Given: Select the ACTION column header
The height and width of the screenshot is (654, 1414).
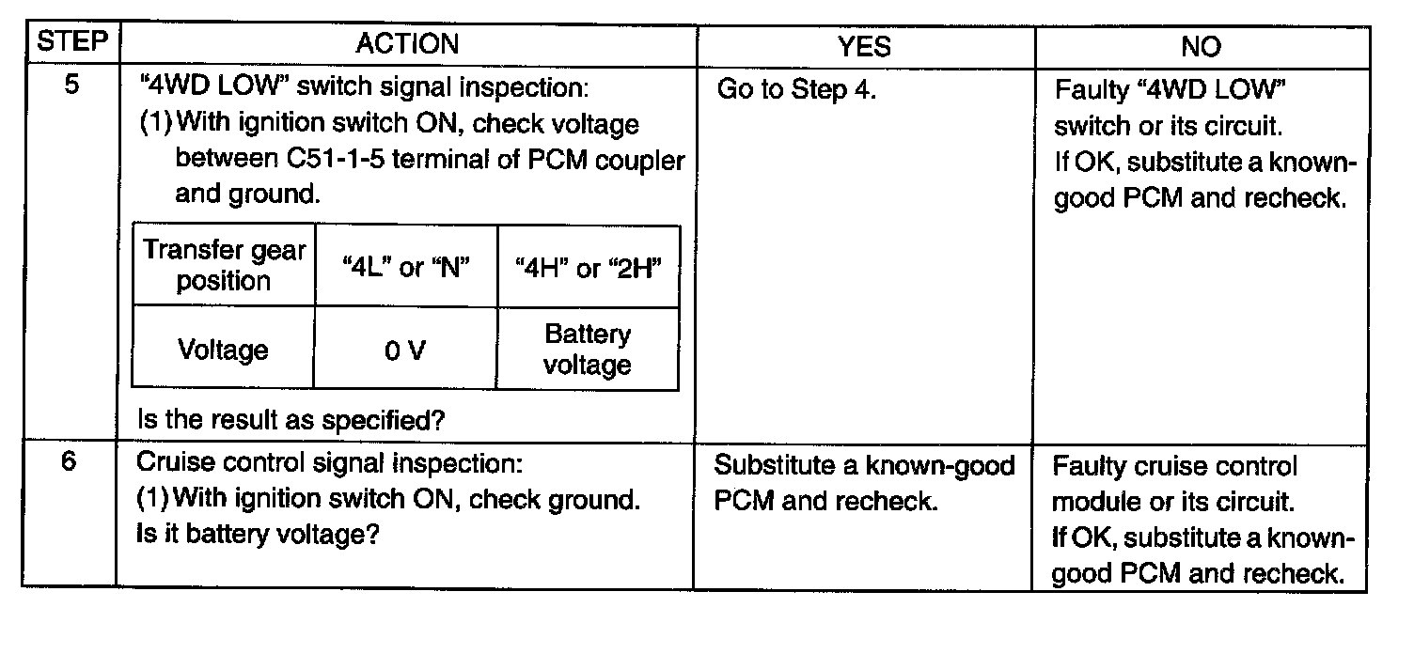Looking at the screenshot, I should [407, 44].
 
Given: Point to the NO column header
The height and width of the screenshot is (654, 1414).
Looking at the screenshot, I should [1201, 46].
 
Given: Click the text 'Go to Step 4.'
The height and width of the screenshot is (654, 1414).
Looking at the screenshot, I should [796, 90].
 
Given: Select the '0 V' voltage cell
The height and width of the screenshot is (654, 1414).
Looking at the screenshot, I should [405, 350].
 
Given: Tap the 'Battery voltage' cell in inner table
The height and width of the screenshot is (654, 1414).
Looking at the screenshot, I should [588, 350].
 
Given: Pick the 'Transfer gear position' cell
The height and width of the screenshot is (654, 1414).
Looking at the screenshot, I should [224, 266].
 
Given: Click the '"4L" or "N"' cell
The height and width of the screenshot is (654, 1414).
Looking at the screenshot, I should [405, 268].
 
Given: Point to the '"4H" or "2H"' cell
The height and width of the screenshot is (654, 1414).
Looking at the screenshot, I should [588, 268].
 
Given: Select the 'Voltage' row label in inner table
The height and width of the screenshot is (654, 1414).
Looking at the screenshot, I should [224, 350].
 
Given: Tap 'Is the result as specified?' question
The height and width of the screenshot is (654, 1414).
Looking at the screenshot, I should [291, 420].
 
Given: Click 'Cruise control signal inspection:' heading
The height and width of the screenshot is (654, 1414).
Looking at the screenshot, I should [328, 464].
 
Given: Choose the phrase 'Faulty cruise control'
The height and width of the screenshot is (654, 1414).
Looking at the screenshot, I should [1174, 467].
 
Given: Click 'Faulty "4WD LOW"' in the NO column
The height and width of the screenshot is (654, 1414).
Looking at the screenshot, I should [1170, 91].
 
